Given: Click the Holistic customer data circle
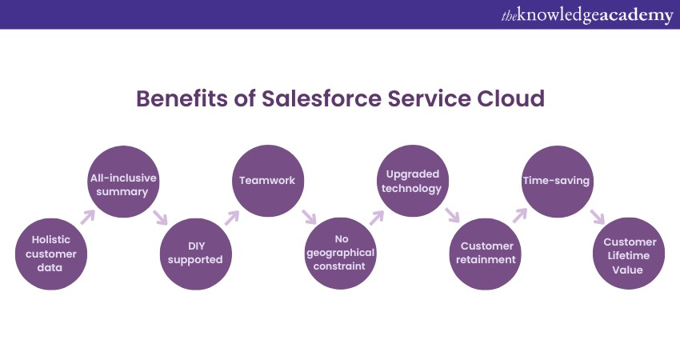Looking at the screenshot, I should pos(51,253).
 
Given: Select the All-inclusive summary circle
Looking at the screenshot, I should pos(123,182).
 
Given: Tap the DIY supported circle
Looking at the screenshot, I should pos(195,253).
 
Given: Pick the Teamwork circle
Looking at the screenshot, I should pos(267,182).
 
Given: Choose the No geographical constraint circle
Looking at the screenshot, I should pos(339,253).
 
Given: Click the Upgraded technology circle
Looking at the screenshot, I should pos(412,182).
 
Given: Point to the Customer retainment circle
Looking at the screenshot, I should pos(484,253).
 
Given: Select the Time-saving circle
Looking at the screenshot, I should pos(556,182).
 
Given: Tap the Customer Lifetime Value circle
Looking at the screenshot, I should pos(629,253).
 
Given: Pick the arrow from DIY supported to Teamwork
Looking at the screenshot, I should pos(232,216).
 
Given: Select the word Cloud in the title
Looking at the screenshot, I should pos(506,99).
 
